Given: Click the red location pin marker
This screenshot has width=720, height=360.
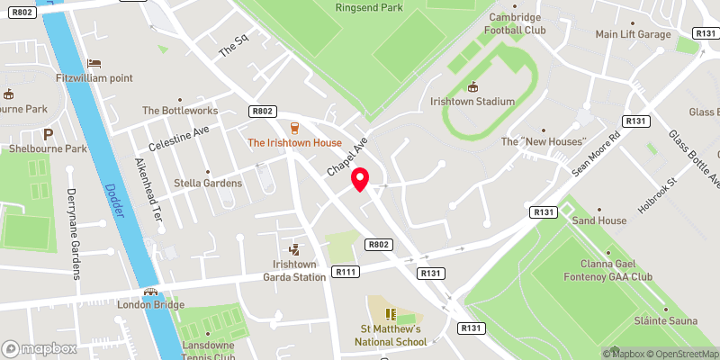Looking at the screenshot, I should tap(361, 179).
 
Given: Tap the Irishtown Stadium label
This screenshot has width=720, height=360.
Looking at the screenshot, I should tap(472, 102).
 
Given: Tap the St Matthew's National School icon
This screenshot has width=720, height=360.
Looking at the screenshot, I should tap(391, 313).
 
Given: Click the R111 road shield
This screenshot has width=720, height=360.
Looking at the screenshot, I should tap(345, 271).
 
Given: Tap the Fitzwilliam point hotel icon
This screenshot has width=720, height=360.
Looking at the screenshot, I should tap(94, 62).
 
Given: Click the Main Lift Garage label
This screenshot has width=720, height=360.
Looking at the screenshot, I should tap(634, 34).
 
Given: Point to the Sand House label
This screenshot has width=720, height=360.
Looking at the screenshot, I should tap(598, 220).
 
